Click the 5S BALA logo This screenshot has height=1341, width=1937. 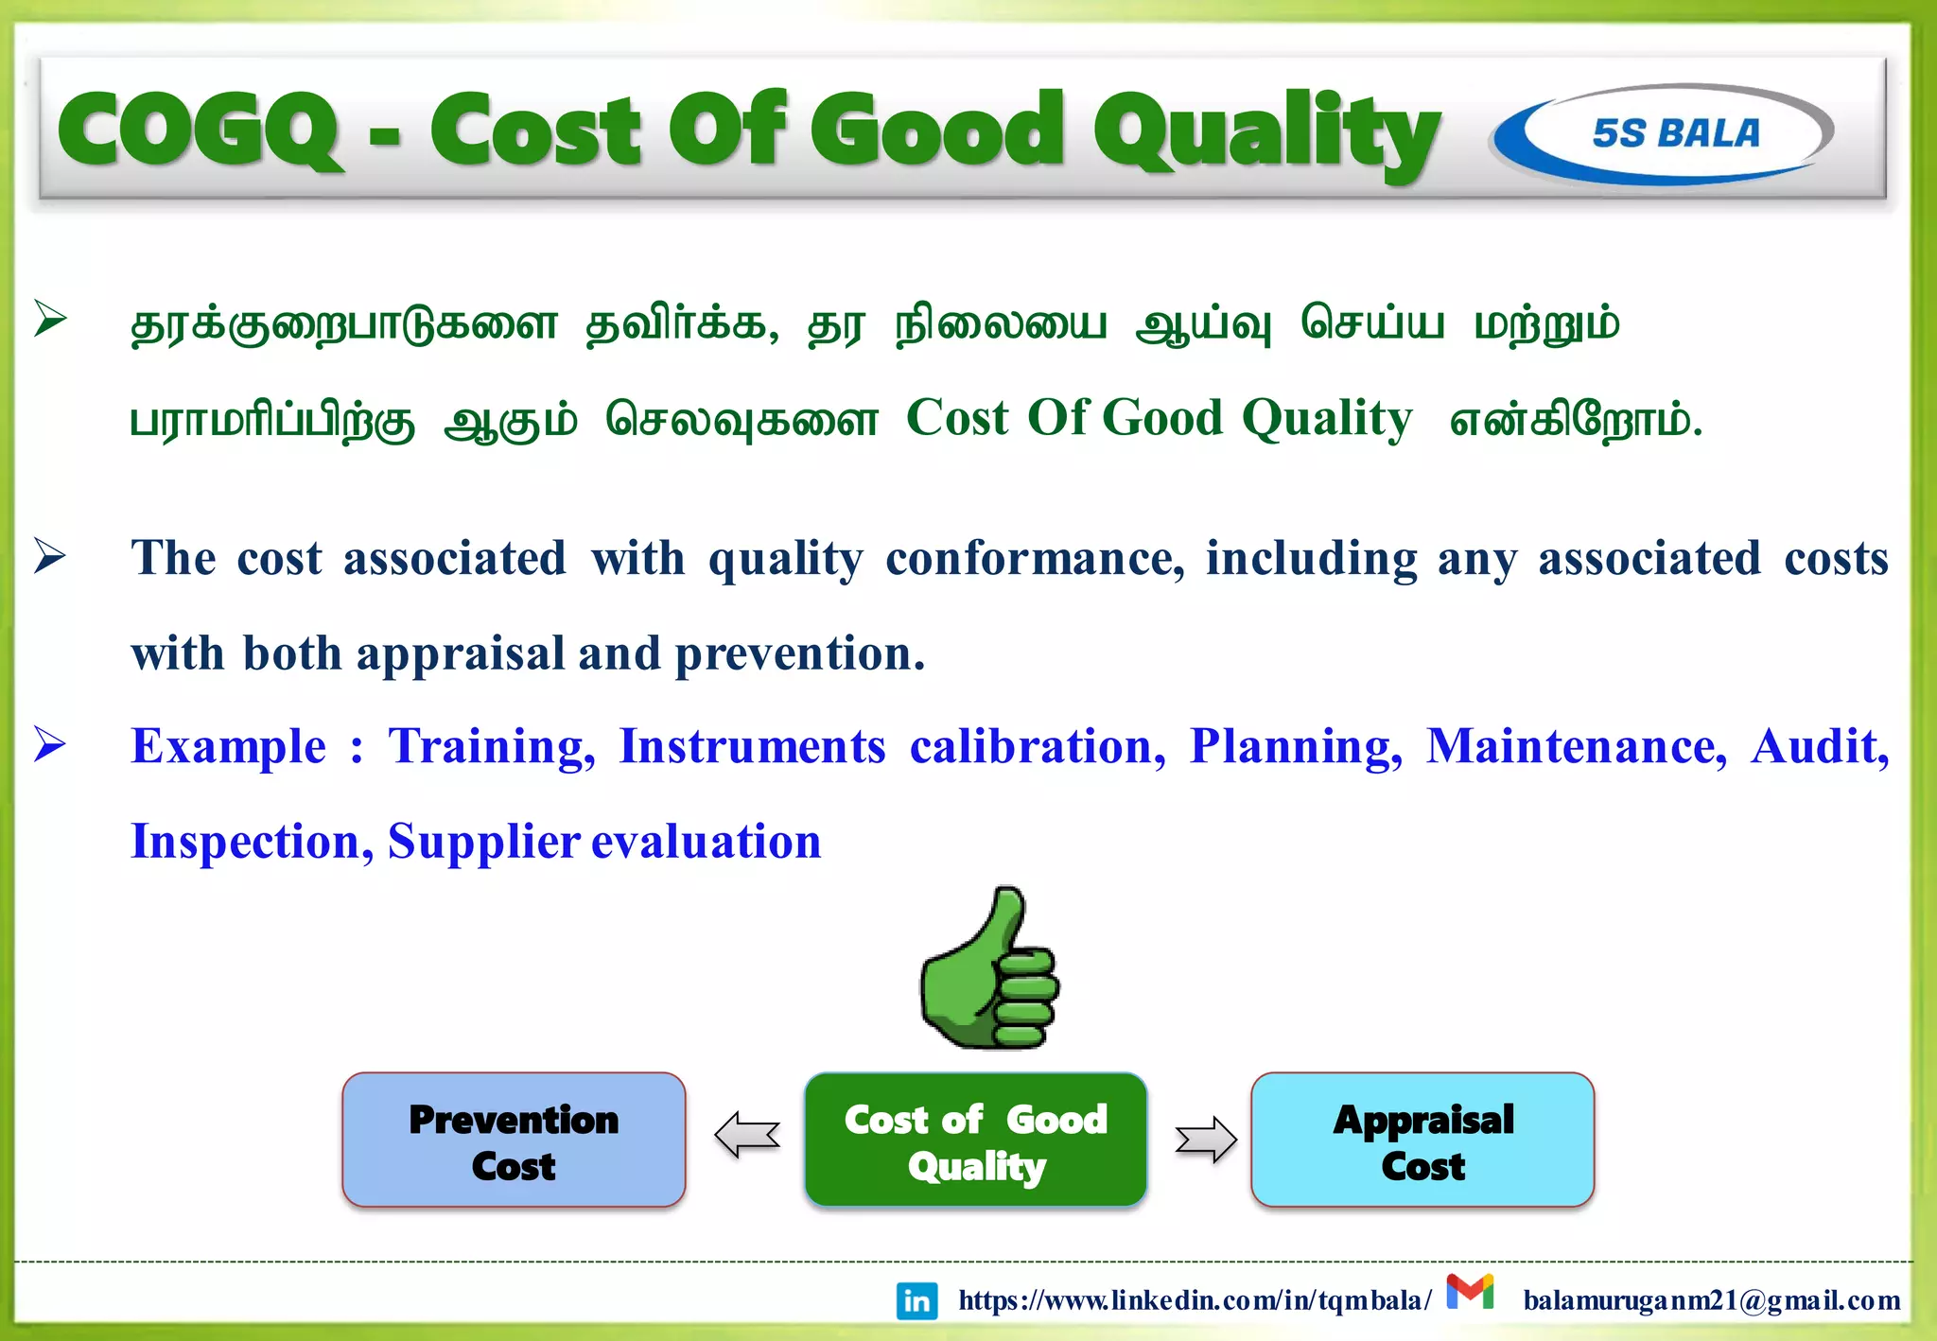1663,133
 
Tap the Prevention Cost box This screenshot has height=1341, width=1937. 514,1141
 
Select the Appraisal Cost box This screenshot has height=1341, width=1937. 1422,1141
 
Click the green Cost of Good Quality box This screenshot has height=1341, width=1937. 975,1141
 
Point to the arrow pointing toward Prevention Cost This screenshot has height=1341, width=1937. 747,1135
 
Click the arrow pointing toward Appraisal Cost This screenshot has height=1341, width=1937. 1205,1140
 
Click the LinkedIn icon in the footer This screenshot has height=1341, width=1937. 916,1301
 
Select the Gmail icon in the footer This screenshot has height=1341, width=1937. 1470,1292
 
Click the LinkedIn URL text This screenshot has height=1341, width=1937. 1194,1301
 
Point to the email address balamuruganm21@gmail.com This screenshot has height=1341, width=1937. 1712,1301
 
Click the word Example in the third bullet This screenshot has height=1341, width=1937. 228,747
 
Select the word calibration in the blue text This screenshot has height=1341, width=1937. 1038,747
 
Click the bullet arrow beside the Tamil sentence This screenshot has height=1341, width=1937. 49,319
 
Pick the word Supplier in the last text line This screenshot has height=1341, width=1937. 483,842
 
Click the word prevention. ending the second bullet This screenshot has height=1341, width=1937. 799,654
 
